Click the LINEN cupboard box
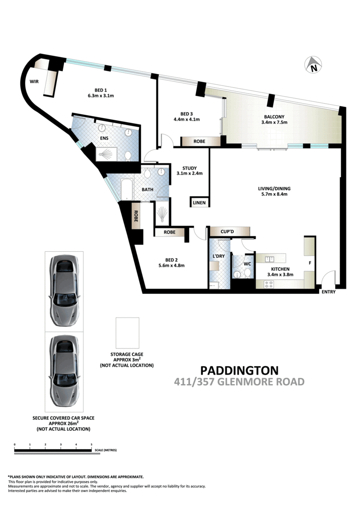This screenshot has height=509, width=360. coord(198,202)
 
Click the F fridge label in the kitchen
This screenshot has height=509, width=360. coord(310,262)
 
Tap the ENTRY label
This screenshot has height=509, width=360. coord(329,292)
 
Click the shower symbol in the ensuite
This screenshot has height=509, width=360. coord(106,154)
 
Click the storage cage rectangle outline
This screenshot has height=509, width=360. coord(128,333)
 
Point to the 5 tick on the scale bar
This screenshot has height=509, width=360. coord(91,444)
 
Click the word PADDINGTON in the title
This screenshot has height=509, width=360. coord(240,370)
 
